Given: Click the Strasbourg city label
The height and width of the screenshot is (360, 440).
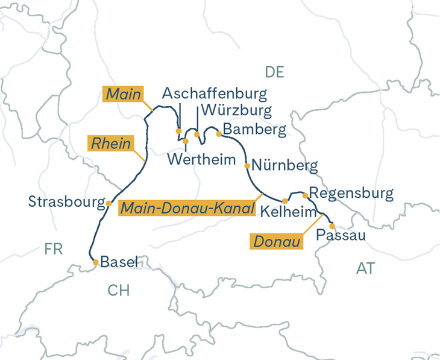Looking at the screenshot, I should (66, 201).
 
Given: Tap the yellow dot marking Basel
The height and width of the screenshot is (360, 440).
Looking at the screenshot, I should (95, 262).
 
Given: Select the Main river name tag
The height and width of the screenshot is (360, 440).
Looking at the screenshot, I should (124, 94).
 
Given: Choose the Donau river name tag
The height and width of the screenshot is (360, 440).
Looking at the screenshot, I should (277, 242).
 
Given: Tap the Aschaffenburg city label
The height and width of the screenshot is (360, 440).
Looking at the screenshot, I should (215, 94).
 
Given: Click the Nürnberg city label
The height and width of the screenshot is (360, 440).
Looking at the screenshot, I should (284, 165).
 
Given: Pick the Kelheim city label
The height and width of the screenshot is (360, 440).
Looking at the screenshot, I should (288, 212).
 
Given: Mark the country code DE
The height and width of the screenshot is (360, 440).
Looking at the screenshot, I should (274, 72).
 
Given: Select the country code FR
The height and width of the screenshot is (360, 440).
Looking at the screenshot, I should (53, 249).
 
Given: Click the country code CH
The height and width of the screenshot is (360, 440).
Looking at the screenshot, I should (118, 291).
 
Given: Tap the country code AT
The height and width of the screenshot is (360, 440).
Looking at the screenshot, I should (365, 268).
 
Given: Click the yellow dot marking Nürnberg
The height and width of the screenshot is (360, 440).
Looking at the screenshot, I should (247, 165).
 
